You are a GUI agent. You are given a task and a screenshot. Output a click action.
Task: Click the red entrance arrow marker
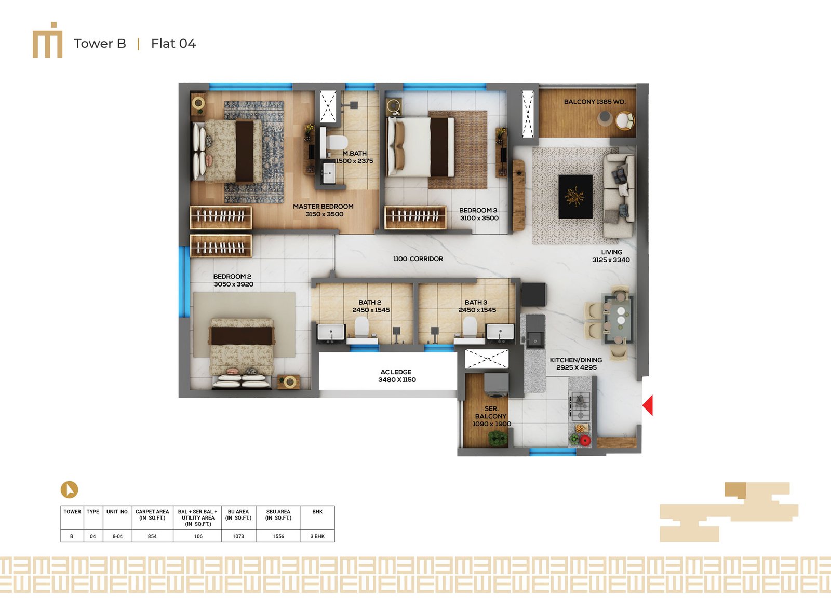(x=648, y=405)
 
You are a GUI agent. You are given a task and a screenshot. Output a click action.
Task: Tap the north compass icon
(x=70, y=489)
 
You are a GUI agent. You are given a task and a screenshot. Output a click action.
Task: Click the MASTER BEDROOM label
(x=323, y=207)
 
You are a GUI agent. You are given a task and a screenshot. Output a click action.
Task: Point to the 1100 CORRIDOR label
(x=418, y=259)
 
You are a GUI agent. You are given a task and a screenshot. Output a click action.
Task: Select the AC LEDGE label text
(x=396, y=372)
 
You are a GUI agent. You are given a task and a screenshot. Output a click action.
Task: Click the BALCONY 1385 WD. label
(x=595, y=102)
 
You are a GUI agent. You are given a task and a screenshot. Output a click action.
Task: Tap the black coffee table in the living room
(x=575, y=197)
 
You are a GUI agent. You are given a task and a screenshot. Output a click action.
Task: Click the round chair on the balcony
(x=625, y=121)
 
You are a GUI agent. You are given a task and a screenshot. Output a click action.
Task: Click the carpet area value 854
(x=152, y=536)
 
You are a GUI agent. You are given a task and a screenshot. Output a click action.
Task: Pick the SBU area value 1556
(x=278, y=536)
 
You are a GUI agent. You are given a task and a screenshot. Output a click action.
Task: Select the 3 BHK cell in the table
(x=317, y=536)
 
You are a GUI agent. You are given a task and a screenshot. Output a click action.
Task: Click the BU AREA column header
(x=238, y=515)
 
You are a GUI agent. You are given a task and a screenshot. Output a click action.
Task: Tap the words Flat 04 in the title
(x=173, y=44)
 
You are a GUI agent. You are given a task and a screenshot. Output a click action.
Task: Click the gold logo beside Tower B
(x=47, y=40)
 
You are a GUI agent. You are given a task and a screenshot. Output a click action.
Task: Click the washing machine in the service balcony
(x=496, y=386)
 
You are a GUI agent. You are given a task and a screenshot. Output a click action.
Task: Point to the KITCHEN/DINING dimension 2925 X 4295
(x=576, y=368)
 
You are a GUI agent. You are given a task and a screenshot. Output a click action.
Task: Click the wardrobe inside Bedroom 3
(x=415, y=217)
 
